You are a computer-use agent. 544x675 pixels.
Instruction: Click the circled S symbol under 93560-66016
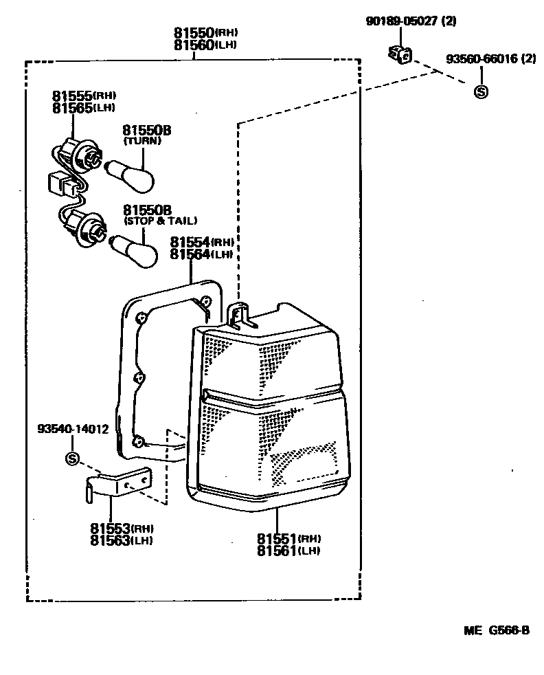(481, 91)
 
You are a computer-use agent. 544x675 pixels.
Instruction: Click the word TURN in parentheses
(142, 141)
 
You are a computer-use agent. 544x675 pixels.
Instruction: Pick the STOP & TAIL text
(160, 221)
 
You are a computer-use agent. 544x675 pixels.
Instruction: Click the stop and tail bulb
(136, 247)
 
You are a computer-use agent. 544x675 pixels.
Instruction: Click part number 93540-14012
(73, 430)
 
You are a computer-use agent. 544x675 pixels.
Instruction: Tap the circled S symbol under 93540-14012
(73, 458)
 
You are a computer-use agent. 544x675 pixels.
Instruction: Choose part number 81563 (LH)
(121, 540)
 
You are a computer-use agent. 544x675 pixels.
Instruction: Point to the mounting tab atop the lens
(238, 312)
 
